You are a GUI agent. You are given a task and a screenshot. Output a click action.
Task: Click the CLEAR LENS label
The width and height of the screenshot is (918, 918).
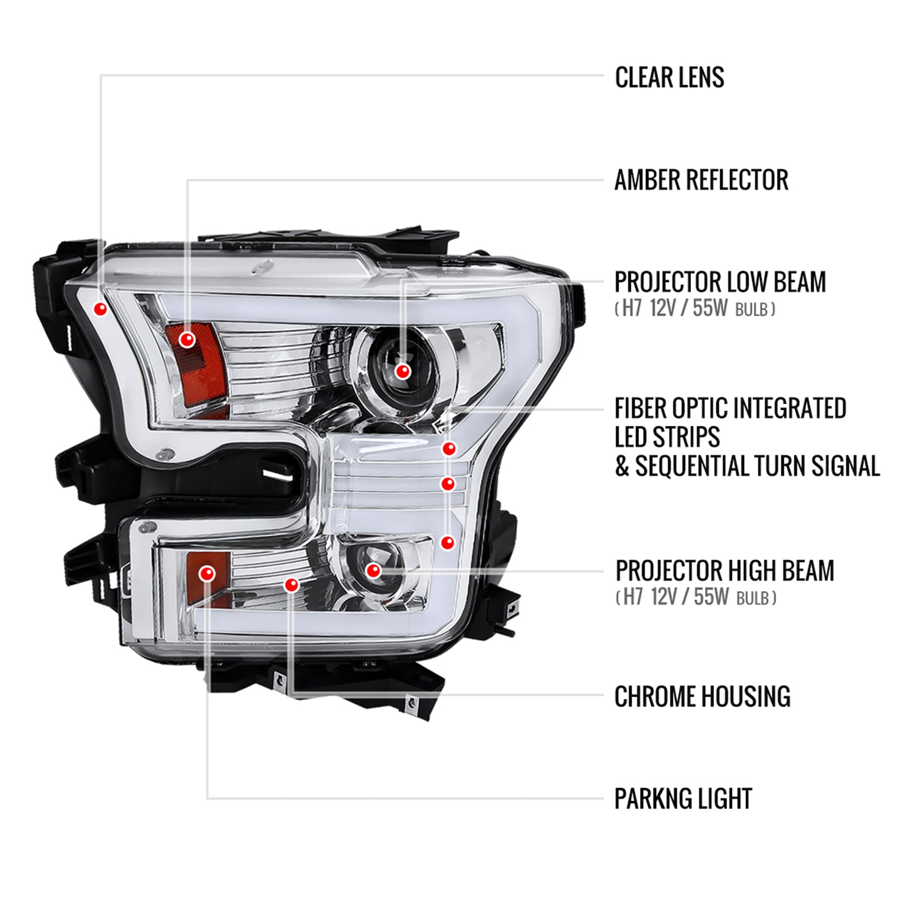670,78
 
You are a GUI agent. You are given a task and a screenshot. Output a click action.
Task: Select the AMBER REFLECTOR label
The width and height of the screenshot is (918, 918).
701,180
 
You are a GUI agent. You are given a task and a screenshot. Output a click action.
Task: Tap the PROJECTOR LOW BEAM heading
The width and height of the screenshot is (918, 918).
720,282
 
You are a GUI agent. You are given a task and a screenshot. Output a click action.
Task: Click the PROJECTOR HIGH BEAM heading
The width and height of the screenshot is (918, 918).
725,570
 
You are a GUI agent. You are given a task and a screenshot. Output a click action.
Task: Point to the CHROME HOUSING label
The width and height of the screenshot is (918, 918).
703,696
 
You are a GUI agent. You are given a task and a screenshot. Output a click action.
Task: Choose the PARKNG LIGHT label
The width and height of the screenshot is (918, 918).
683,799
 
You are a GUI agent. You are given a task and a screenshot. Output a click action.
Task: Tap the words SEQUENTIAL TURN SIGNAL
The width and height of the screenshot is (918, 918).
758,466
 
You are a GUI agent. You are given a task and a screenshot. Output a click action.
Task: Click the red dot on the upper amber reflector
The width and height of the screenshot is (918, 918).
187,339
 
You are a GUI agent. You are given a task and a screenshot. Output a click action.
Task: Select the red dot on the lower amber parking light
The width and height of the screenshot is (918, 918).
207,573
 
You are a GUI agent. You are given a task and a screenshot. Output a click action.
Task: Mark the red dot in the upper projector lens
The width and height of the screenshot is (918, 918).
403,371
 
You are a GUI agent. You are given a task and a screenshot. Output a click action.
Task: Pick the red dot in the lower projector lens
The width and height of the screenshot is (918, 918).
373,571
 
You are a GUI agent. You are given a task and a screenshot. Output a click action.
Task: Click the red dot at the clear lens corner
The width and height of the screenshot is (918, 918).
100,308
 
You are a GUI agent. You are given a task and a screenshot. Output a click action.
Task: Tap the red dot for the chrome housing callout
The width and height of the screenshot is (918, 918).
292,585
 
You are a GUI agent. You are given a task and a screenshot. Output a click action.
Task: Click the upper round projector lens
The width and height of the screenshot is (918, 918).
398,368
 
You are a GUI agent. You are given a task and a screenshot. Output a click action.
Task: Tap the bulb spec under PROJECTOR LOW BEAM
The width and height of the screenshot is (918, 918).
695,308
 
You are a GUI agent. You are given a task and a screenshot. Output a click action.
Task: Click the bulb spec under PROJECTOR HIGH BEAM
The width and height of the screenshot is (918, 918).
696,597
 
